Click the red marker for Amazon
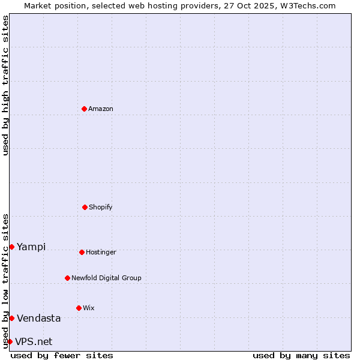[x=84, y=109]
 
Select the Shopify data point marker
[x=85, y=207]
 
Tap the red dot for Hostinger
[x=82, y=252]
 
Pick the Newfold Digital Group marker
[x=67, y=278]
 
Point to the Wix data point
[x=79, y=308]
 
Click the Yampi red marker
[x=11, y=247]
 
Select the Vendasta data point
[x=11, y=318]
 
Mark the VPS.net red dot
[x=10, y=341]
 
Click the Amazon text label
[x=101, y=109]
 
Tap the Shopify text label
[x=101, y=208]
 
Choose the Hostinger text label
[x=101, y=253]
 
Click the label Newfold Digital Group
[x=106, y=278]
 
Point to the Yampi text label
[x=31, y=247]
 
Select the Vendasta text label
[x=39, y=319]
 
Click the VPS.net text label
[x=34, y=342]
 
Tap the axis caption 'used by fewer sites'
[x=62, y=355]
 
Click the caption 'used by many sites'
[x=301, y=355]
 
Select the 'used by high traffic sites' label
[x=5, y=85]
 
